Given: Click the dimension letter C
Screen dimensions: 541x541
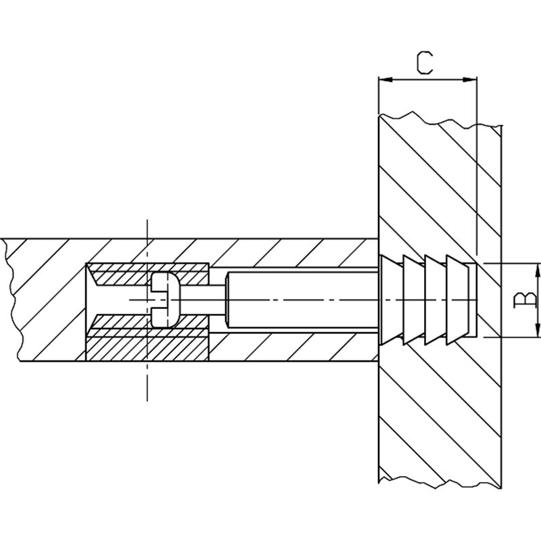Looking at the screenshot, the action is point(425,63).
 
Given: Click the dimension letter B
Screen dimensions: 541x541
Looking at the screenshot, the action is point(525,300).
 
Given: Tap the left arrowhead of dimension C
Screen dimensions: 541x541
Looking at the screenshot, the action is point(385,80).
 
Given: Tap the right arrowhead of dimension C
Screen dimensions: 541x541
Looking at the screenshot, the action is point(469,80).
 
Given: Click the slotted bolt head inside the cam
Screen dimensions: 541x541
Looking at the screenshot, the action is point(166,300).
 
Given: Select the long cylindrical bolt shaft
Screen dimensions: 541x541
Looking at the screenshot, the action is point(302,300).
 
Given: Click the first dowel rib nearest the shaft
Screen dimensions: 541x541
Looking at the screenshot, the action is point(391,300).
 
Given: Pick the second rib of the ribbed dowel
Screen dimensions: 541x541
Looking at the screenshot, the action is point(413,300).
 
